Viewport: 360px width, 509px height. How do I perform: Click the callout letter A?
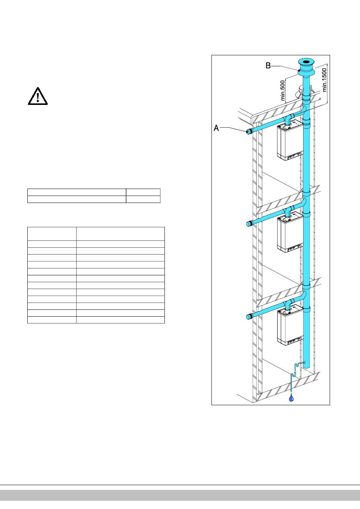216,128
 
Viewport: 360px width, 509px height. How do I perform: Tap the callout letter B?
268,66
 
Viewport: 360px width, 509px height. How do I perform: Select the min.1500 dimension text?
324,79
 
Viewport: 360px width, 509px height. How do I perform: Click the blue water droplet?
291,398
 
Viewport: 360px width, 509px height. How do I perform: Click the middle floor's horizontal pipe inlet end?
249,223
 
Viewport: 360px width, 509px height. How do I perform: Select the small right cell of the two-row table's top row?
143,192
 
